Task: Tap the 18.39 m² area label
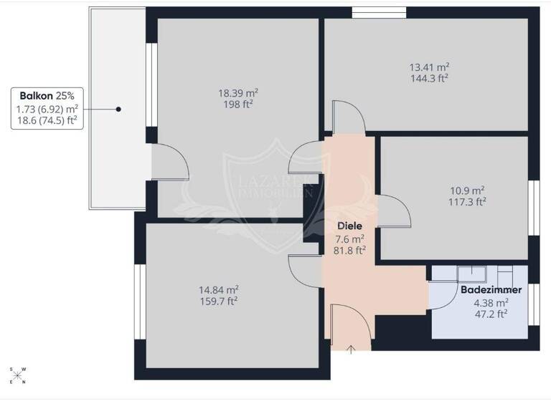pos(238,93)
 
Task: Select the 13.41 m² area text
pos(429,67)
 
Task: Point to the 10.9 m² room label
pos(467,190)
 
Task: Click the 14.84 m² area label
pos(218,290)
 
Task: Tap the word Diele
pos(349,226)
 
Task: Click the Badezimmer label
pos(484,290)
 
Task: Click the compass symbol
pos(19,375)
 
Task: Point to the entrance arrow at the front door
pos(351,349)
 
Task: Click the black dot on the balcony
pos(119,109)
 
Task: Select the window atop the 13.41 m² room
pos(379,12)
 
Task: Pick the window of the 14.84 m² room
pos(139,299)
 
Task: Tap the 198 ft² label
pos(238,104)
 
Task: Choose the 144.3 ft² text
pos(429,78)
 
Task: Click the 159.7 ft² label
pos(218,301)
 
